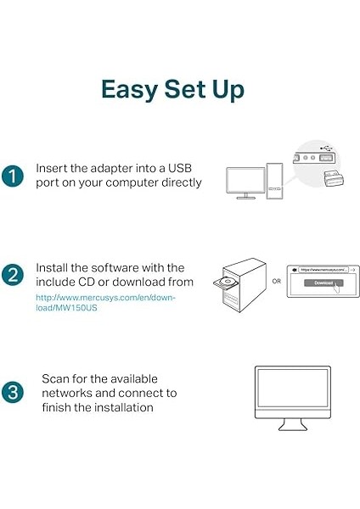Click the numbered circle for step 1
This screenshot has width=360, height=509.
13,176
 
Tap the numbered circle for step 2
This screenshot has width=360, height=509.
13,275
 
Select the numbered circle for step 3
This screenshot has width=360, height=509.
13,392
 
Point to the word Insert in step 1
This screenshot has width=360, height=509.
53,168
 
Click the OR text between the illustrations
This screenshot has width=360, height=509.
276,282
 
